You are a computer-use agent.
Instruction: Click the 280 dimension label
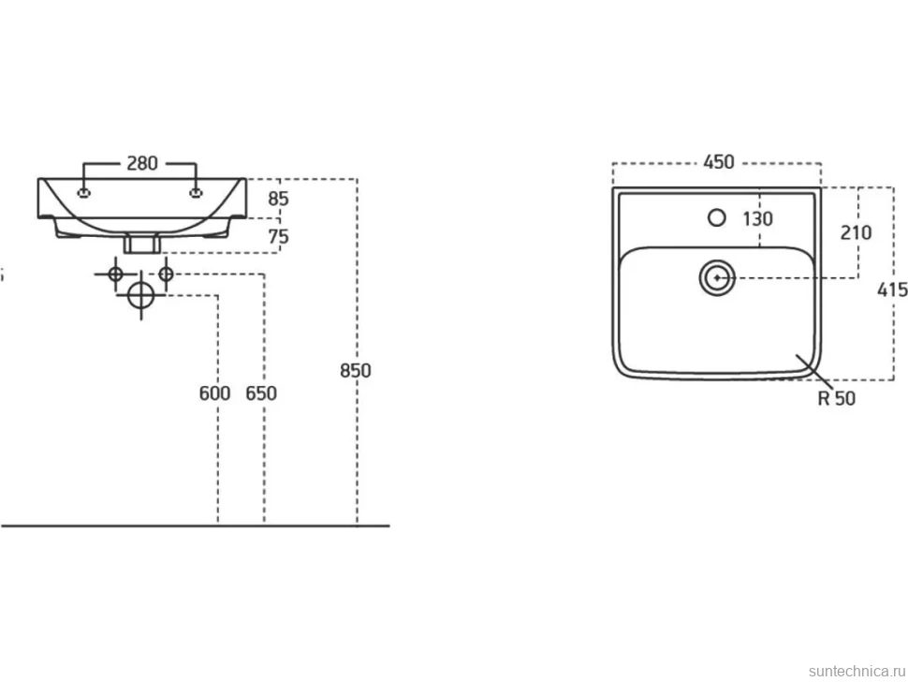click(142, 163)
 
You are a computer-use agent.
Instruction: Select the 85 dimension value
click(278, 199)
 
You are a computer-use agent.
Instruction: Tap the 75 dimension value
click(278, 236)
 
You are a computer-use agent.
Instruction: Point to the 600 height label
click(214, 393)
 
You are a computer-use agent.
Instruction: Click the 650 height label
click(261, 393)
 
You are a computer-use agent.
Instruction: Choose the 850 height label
click(356, 370)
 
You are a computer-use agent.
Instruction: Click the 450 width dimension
click(719, 162)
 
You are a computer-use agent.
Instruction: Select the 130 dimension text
click(757, 219)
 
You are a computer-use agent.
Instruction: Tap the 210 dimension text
click(856, 233)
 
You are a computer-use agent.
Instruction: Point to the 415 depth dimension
click(892, 289)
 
